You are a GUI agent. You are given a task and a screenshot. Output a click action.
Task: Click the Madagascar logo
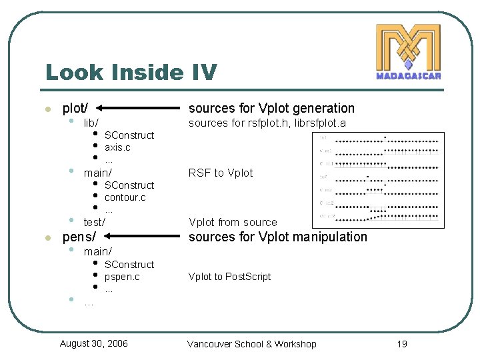[408, 52]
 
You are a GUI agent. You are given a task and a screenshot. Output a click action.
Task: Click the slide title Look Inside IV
[131, 71]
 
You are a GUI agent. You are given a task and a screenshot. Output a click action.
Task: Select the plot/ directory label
[75, 108]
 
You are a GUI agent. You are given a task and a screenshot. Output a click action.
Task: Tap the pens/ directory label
[79, 237]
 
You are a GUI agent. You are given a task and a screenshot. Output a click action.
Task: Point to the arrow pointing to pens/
[144, 237]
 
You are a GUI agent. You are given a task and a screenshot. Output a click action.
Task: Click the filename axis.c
[117, 147]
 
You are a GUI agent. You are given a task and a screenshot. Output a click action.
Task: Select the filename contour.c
[125, 197]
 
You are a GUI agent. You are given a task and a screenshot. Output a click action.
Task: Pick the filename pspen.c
[122, 277]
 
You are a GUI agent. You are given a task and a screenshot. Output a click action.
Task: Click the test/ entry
[94, 222]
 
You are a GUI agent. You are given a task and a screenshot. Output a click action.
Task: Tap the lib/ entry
[91, 123]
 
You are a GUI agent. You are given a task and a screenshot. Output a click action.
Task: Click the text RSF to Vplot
[221, 173]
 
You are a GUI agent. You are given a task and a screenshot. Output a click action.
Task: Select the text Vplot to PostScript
[229, 277]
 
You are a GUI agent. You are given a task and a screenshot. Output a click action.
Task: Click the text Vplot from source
[233, 222]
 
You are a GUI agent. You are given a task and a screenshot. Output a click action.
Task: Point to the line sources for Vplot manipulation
[278, 237]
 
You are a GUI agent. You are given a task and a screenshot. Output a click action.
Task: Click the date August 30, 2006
[93, 343]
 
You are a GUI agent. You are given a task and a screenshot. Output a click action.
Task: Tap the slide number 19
[401, 344]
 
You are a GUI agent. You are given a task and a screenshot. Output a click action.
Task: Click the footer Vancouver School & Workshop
[252, 344]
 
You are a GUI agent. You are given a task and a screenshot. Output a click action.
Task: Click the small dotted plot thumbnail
[378, 176]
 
